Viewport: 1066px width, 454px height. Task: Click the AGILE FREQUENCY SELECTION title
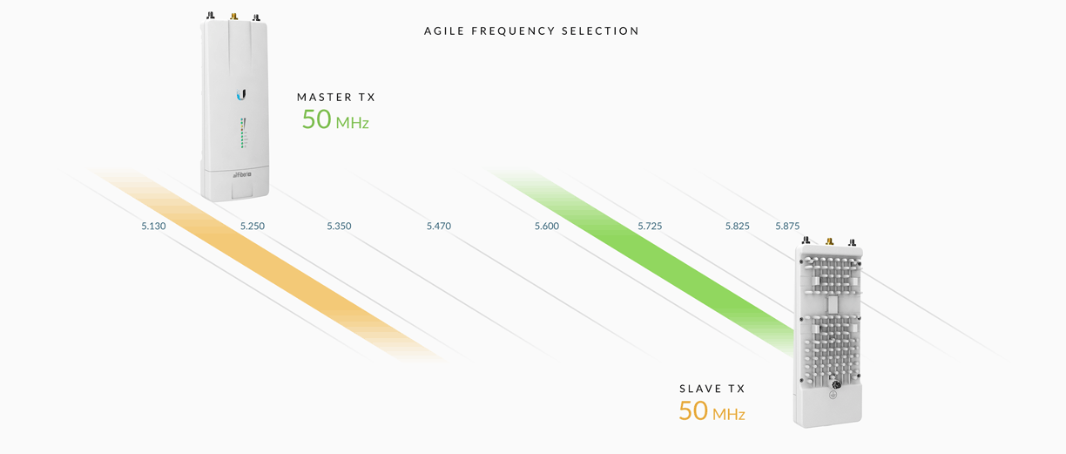point(531,31)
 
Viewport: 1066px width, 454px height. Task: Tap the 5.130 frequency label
point(153,227)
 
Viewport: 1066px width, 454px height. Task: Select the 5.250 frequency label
point(253,227)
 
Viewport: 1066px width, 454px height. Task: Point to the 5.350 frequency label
point(339,227)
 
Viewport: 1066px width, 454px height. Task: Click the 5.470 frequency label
point(439,227)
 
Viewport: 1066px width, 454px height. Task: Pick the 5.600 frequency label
point(547,227)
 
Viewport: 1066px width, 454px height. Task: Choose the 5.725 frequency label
point(650,227)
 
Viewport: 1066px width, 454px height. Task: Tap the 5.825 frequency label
point(738,227)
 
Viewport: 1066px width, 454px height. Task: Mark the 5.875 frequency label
point(787,227)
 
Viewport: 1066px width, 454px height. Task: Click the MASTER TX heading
point(336,98)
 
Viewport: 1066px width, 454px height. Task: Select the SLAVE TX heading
point(712,390)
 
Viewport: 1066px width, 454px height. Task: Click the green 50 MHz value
point(335,119)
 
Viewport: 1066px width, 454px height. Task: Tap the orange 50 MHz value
point(712,411)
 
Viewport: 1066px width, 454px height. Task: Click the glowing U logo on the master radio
point(241,94)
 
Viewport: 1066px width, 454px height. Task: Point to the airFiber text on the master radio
point(241,175)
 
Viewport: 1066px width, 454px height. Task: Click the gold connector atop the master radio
point(233,17)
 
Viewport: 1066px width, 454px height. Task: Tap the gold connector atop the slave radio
point(829,241)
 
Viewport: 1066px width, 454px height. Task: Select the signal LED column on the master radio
point(243,133)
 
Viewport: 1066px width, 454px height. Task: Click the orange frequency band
point(287,271)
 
